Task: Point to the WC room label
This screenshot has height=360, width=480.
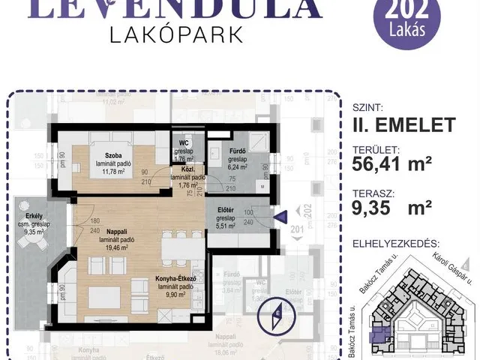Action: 183,144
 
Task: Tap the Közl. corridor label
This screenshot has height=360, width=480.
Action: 185,171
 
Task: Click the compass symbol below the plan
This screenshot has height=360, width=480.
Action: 277,314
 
